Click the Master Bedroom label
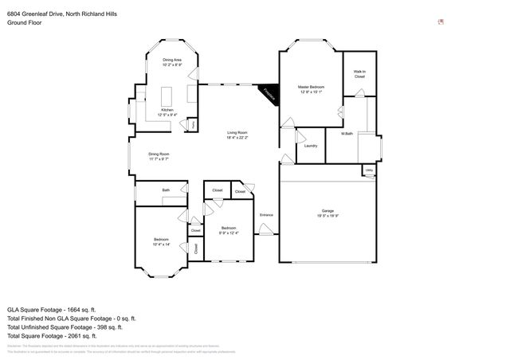click(311, 87)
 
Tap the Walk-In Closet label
click(359, 74)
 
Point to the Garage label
click(328, 211)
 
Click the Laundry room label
click(311, 146)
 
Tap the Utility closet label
click(369, 170)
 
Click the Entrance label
click(266, 215)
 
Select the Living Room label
click(237, 133)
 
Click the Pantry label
click(192, 124)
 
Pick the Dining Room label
click(159, 154)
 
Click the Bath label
click(166, 190)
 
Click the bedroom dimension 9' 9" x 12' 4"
click(229, 233)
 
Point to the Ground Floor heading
click(24, 23)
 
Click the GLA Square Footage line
click(52, 309)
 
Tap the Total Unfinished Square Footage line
click(64, 327)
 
